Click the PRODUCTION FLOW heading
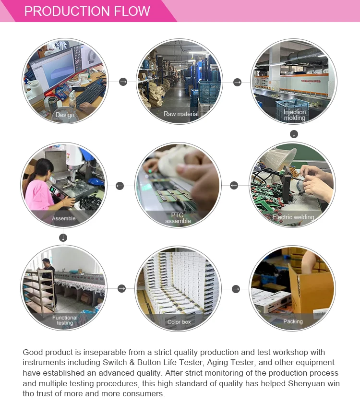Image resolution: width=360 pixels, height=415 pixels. [87, 11]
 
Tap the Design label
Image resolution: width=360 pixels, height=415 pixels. [65, 115]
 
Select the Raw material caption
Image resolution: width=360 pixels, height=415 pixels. [181, 114]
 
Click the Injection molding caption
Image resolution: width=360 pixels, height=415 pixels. [295, 115]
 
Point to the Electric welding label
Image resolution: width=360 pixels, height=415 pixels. [293, 217]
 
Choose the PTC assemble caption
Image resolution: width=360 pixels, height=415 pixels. [178, 218]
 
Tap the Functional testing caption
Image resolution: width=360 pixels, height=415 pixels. [65, 320]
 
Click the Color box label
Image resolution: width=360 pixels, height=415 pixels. [179, 322]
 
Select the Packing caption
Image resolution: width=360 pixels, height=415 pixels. [293, 321]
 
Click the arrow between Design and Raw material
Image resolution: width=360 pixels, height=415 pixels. [123, 82]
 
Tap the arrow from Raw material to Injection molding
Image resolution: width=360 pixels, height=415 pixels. [238, 83]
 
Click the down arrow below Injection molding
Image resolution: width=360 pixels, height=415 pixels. [294, 134]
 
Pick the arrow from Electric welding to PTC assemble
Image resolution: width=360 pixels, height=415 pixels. [234, 186]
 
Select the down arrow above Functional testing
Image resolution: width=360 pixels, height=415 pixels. [63, 237]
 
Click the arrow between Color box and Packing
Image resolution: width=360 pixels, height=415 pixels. [236, 289]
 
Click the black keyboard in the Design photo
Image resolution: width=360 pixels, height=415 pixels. [91, 94]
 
